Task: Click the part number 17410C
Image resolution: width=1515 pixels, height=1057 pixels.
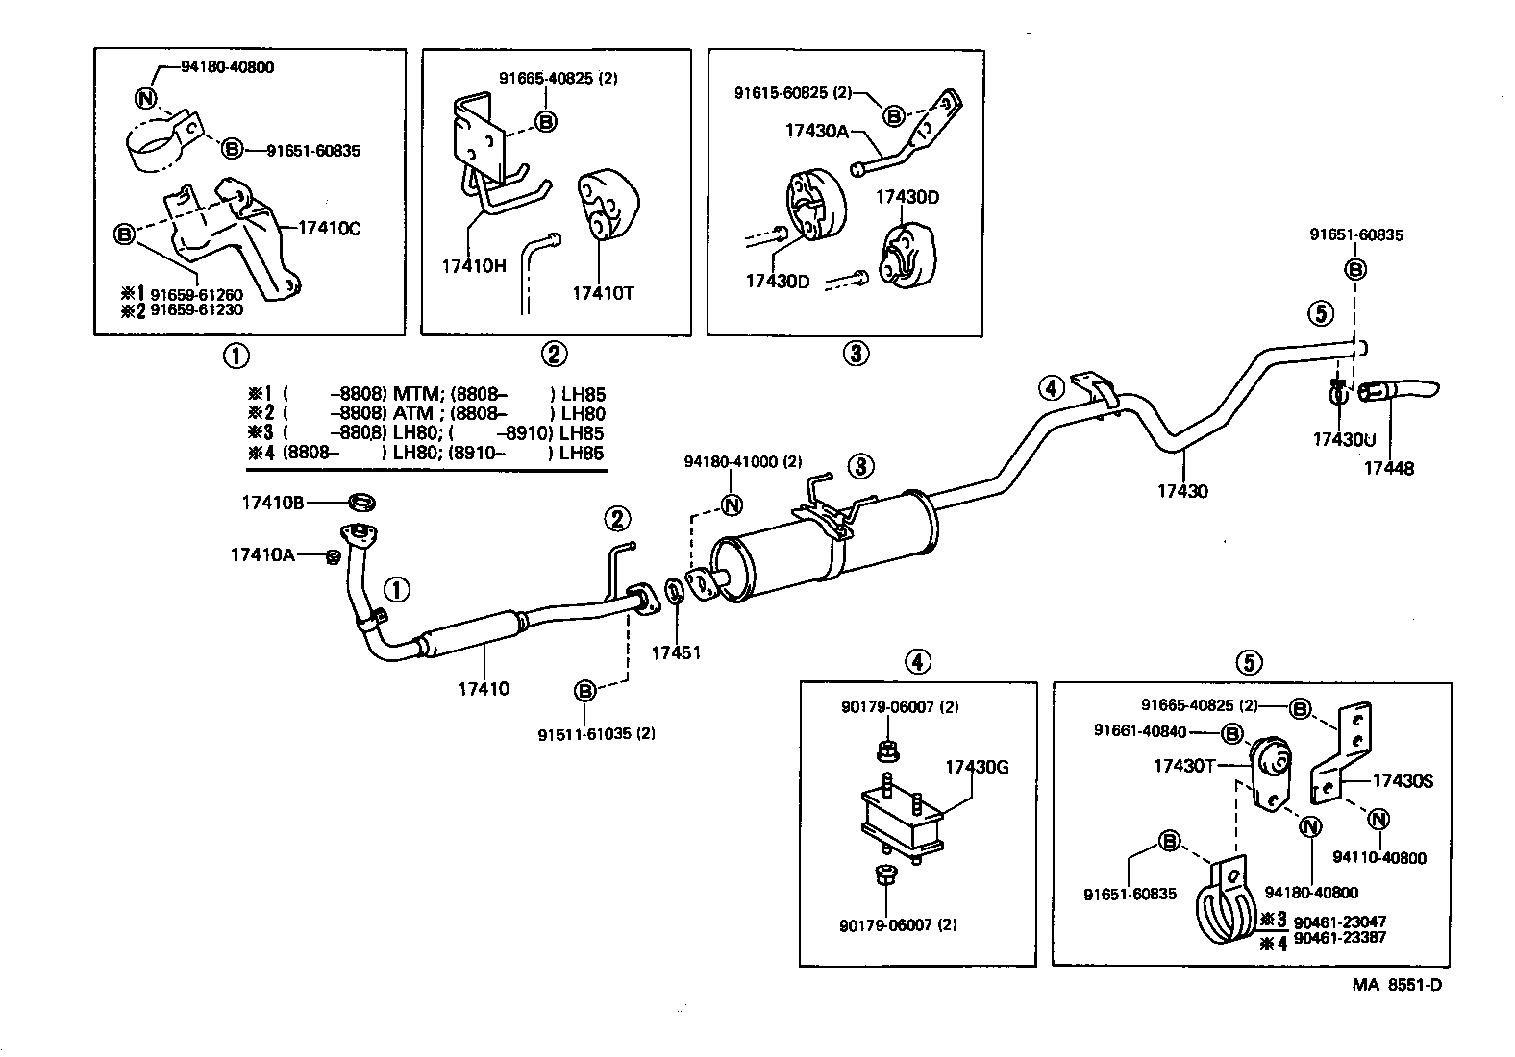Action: pos(329,228)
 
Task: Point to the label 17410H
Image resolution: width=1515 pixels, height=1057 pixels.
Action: pos(473,265)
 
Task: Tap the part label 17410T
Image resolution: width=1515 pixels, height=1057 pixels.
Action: pos(603,293)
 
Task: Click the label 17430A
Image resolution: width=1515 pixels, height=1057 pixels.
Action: pos(816,132)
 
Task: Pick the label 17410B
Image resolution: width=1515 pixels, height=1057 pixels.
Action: pos(273,502)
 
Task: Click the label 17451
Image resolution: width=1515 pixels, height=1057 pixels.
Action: pos(676,652)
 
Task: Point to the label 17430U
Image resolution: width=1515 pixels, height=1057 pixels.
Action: pos(1344,439)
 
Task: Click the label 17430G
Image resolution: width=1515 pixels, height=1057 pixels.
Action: pos(977,766)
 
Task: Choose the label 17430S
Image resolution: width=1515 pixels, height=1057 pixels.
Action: pos(1402,781)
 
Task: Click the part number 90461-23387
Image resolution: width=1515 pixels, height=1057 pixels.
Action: pos(1339,937)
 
